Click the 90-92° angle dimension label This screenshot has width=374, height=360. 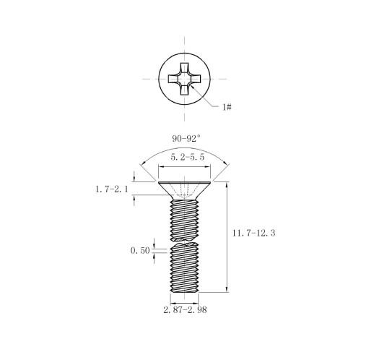186,138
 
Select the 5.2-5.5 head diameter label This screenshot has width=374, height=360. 188,157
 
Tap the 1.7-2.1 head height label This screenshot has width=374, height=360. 112,189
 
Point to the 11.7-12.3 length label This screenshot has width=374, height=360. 253,233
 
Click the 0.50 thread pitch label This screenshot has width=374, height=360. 140,251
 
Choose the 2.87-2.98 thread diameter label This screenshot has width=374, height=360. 185,310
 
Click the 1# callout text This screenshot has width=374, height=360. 227,107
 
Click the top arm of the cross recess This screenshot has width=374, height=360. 184,68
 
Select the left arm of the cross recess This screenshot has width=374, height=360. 173,79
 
